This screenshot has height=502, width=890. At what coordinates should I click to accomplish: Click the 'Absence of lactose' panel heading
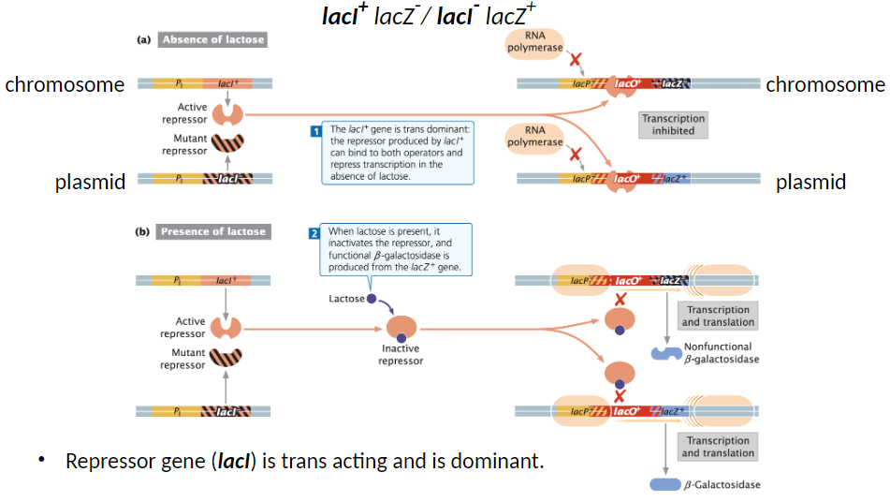[x=213, y=39]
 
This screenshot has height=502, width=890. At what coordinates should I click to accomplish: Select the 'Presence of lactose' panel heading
[x=213, y=231]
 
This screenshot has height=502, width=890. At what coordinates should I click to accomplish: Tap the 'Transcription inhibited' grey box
[x=673, y=125]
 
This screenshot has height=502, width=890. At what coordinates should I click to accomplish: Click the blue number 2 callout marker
[x=315, y=233]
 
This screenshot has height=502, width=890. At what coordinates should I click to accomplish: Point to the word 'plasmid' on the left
[x=90, y=183]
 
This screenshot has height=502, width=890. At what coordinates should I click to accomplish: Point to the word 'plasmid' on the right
[x=810, y=183]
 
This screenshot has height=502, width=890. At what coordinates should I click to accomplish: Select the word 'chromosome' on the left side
[x=65, y=85]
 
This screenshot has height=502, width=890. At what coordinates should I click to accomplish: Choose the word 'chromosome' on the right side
[x=824, y=85]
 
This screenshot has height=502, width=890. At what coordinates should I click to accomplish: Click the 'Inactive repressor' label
[x=401, y=354]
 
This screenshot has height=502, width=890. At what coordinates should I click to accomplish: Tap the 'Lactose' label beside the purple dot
[x=345, y=299]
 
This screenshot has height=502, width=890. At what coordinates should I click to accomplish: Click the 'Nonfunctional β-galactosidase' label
[x=722, y=353]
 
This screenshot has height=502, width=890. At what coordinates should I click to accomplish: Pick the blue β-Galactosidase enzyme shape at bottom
[x=664, y=484]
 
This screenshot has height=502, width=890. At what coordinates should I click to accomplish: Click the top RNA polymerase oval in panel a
[x=534, y=42]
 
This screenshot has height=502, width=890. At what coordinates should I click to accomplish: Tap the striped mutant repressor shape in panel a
[x=226, y=144]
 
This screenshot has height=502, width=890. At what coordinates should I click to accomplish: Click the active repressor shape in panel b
[x=226, y=327]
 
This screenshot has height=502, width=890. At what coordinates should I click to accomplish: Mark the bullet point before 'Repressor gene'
[x=42, y=461]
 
